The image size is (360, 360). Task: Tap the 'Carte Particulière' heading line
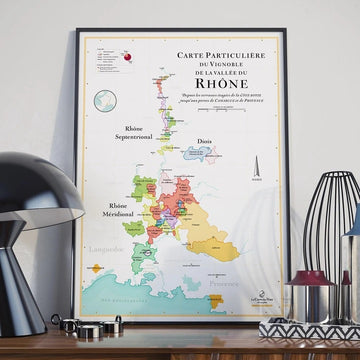tap(216, 59)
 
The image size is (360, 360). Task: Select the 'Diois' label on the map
tap(205, 143)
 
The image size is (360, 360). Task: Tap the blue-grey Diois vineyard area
tap(206, 158)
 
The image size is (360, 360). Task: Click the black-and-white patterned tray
tap(310, 330)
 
